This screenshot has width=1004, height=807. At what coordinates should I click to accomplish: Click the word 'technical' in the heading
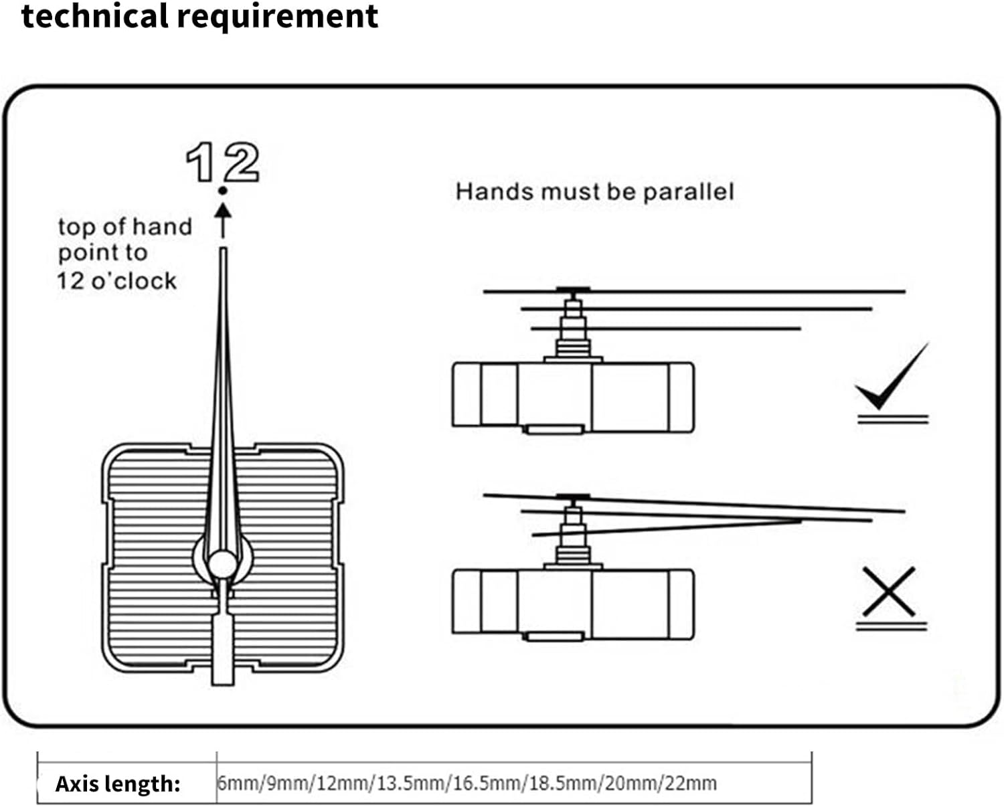pos(94,15)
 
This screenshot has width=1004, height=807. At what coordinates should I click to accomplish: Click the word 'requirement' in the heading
pos(278,17)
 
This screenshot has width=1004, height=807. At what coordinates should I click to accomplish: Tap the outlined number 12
pos(222,162)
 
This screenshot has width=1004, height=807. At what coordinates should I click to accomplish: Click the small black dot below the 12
pos(222,191)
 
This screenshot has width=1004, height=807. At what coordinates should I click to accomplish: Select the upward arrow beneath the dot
pos(223,221)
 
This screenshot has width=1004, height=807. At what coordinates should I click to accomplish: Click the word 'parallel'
pos(689,193)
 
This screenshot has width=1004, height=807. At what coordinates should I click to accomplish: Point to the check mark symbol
pos(892,377)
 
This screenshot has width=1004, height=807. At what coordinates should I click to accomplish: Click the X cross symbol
pos(889,592)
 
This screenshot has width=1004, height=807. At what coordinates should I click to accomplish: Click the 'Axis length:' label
pos(118,784)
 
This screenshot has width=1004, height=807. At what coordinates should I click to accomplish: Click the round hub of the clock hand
pos(222,563)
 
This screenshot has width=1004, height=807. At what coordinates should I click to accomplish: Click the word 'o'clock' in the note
pos(134,281)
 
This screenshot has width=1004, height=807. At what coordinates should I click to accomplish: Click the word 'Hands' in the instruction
pos(495,192)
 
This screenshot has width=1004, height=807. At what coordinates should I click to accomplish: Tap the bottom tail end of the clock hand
pos(222,685)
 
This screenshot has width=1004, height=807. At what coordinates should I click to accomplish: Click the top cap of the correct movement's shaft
pos(574,290)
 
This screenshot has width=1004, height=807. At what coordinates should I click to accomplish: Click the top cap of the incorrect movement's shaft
pos(574,497)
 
